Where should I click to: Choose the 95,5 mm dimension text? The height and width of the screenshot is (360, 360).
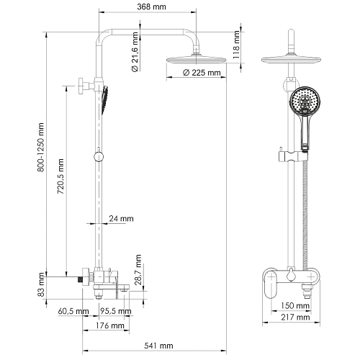click(x=115, y=311)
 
